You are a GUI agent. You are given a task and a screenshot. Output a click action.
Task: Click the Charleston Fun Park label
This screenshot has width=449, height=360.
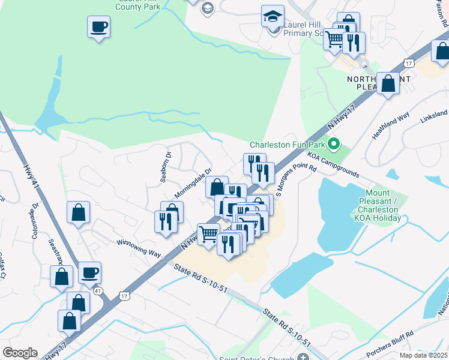(287, 145)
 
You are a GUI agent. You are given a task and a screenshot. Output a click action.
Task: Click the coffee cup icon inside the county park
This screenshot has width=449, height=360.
(98, 27)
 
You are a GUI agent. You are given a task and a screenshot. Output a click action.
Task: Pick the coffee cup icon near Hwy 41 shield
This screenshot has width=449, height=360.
(90, 273)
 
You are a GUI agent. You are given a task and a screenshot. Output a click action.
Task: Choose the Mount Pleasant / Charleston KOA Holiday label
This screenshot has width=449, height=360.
(379, 205)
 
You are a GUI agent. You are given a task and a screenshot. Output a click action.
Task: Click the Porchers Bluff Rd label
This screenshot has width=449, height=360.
(390, 343)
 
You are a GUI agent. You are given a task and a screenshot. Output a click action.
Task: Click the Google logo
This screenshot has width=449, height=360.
(20, 353)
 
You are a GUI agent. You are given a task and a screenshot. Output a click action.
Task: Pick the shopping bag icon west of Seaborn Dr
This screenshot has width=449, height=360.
(78, 212)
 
